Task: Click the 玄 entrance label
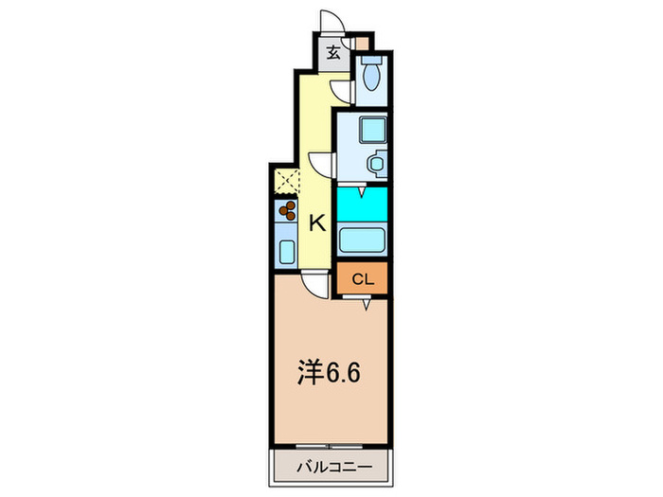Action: click(333, 53)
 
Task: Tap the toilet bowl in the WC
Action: click(371, 75)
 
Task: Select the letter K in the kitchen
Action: click(317, 223)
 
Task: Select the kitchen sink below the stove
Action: click(286, 250)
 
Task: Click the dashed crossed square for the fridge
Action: click(286, 180)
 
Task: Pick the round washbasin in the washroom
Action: click(375, 164)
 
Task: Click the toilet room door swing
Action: click(343, 89)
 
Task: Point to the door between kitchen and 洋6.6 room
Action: click(314, 282)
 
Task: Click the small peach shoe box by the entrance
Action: click(360, 44)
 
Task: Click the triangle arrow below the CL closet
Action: click(365, 301)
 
